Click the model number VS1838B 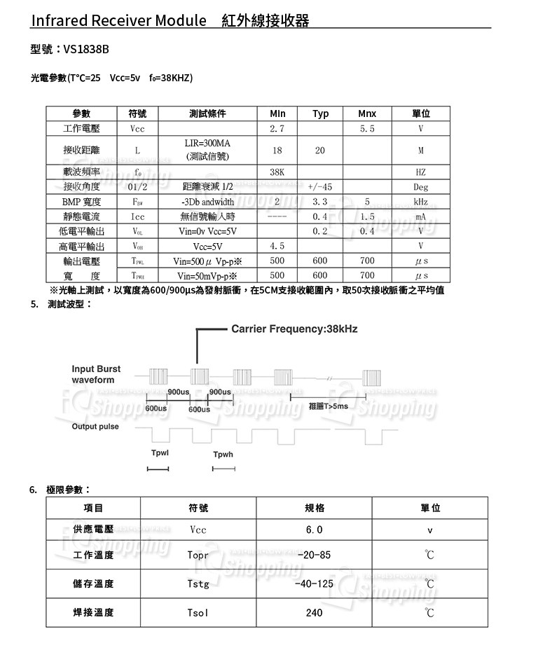tap(86, 50)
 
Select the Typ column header tap(321, 114)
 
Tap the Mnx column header tap(366, 114)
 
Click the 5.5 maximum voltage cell tap(366, 129)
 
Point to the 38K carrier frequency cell tap(277, 172)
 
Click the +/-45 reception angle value tap(320, 187)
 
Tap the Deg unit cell tap(420, 187)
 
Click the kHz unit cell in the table tap(420, 202)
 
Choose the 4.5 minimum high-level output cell tap(277, 247)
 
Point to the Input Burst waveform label tap(96, 374)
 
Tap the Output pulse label tap(95, 427)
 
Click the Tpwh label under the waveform tap(223, 455)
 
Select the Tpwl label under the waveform tap(160, 453)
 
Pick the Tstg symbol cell tap(198, 584)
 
